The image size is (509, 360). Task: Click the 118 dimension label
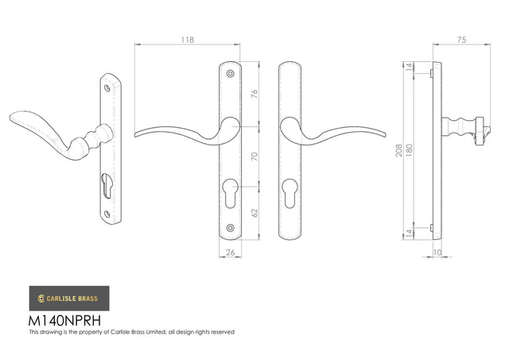(x=188, y=40)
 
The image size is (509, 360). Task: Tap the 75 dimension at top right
(x=461, y=40)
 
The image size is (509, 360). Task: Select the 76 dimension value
(x=254, y=94)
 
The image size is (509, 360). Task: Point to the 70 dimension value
(x=254, y=157)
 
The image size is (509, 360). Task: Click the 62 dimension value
(x=254, y=213)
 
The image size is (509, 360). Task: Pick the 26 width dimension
(x=230, y=252)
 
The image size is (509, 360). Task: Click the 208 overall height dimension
(x=399, y=150)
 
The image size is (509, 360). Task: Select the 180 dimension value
(x=409, y=150)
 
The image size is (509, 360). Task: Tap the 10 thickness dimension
(x=437, y=252)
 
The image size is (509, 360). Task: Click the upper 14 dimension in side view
(x=410, y=67)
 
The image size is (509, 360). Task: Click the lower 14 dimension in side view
(x=410, y=233)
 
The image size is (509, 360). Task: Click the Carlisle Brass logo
(x=69, y=298)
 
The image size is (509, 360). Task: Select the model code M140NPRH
(x=65, y=320)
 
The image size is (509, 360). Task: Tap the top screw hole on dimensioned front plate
(x=230, y=74)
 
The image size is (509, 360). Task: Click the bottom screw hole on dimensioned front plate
(x=230, y=228)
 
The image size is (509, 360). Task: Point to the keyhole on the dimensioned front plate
(x=231, y=193)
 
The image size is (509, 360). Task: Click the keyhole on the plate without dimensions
(x=289, y=193)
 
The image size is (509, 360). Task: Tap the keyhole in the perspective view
(x=107, y=185)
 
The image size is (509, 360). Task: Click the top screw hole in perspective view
(x=107, y=88)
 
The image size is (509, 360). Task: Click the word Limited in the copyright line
(x=157, y=332)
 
